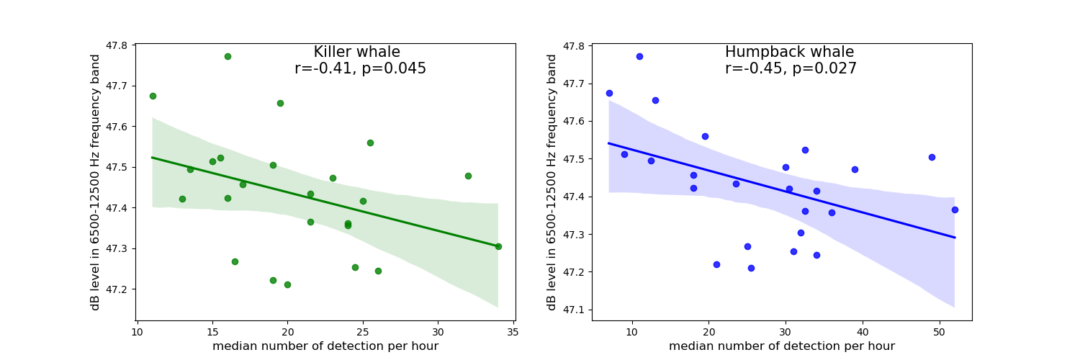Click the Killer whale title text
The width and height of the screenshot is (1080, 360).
pyautogui.click(x=356, y=53)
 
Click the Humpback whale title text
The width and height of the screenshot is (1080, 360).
pyautogui.click(x=789, y=53)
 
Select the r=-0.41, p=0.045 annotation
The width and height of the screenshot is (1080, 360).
pyautogui.click(x=360, y=69)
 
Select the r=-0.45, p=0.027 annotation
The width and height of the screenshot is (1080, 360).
pyautogui.click(x=791, y=69)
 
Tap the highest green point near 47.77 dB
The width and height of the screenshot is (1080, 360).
pyautogui.click(x=228, y=56)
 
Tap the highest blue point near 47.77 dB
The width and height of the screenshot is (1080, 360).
pyautogui.click(x=639, y=56)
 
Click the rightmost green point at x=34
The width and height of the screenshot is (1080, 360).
pyautogui.click(x=498, y=246)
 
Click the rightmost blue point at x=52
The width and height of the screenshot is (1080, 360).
pyautogui.click(x=955, y=210)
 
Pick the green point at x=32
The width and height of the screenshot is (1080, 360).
pyautogui.click(x=468, y=176)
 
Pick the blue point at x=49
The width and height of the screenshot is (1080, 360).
pyautogui.click(x=932, y=157)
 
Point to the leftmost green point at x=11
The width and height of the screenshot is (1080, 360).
pyautogui.click(x=153, y=96)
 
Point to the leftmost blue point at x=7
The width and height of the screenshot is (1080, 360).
pyautogui.click(x=609, y=93)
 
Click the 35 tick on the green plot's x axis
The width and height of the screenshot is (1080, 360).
pyautogui.click(x=513, y=332)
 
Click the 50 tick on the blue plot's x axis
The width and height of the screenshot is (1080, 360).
pyautogui.click(x=940, y=332)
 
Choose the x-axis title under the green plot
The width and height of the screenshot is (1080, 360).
pyautogui.click(x=325, y=346)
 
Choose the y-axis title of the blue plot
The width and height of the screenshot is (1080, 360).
pyautogui.click(x=552, y=182)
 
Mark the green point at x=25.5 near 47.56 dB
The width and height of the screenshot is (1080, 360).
pyautogui.click(x=370, y=143)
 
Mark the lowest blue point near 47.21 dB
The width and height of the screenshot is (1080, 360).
pyautogui.click(x=751, y=268)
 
